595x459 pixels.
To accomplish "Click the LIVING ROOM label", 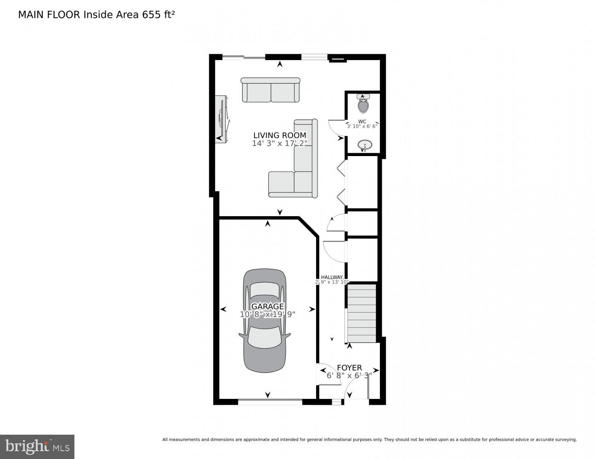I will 279,135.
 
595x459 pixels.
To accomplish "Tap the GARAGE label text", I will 267,306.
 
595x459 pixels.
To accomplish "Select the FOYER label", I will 349,368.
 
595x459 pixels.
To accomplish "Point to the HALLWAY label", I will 332,277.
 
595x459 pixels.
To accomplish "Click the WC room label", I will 362,122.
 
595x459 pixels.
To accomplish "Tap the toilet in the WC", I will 363,105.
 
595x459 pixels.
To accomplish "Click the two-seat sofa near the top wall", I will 271,90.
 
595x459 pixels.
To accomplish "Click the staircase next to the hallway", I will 362,313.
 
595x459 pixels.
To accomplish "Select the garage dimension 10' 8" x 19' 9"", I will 267,314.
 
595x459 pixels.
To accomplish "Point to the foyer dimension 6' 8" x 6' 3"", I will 349,375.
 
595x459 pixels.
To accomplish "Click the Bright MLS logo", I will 37,446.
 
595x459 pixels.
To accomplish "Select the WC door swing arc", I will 335,129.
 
